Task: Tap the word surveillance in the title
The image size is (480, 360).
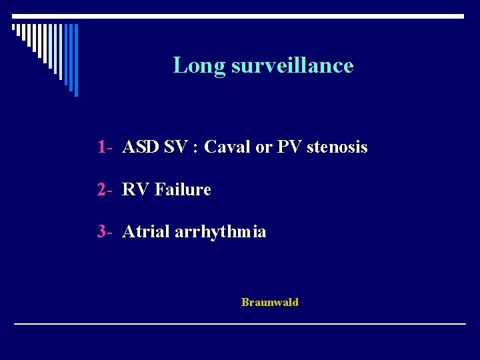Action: pyautogui.click(x=292, y=65)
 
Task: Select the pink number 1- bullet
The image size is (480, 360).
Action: pyautogui.click(x=105, y=147)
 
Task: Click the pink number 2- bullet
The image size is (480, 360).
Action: pyautogui.click(x=105, y=190)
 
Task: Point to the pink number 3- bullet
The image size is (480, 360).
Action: pyautogui.click(x=105, y=232)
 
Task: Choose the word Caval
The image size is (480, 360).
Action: pyautogui.click(x=227, y=147)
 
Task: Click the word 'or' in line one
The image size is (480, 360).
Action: pyautogui.click(x=263, y=147)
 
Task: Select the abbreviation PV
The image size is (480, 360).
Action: pyautogui.click(x=289, y=147)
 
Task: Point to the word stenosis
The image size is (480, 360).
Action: pyautogui.click(x=337, y=147)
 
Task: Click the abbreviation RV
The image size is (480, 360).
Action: pyautogui.click(x=136, y=190)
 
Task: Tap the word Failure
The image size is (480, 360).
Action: pyautogui.click(x=183, y=190)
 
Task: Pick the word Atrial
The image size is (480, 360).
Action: pyautogui.click(x=145, y=232)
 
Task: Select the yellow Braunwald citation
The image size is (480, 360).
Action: pyautogui.click(x=270, y=303)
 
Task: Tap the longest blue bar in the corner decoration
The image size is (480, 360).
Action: pyautogui.click(x=75, y=59)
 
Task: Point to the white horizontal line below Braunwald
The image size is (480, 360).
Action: pyautogui.click(x=240, y=323)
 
